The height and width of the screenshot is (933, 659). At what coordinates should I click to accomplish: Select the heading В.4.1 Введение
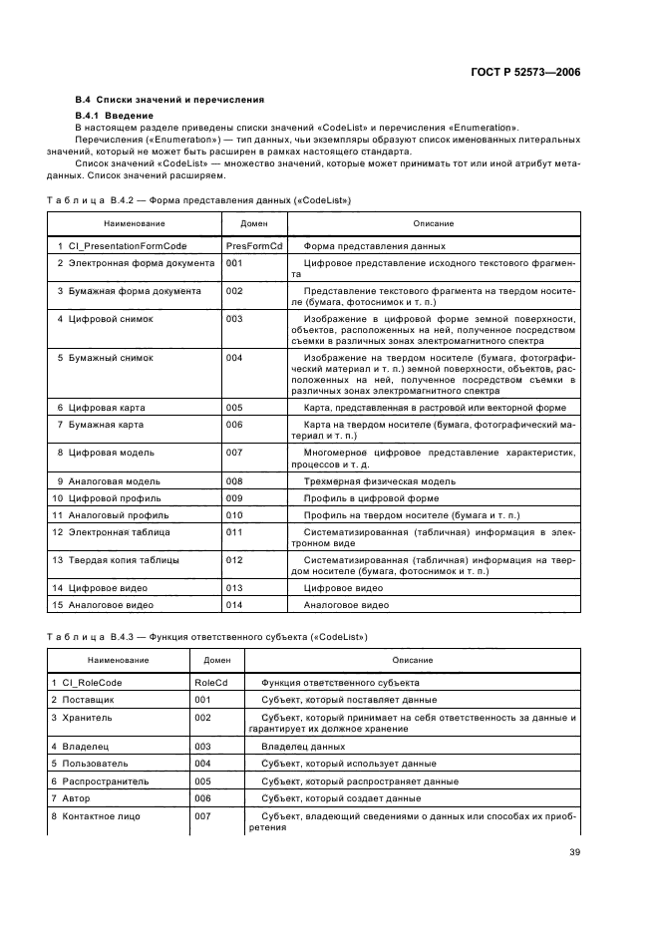tap(111, 116)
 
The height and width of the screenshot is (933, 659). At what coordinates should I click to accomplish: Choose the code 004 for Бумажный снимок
tap(235, 356)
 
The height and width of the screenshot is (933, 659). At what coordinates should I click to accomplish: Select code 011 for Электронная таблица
tap(235, 533)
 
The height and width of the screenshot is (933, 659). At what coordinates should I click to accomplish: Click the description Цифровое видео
tap(344, 588)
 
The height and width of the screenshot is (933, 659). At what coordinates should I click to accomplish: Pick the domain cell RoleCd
tap(210, 683)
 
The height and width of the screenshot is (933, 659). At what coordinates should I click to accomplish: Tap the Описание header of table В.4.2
tap(434, 223)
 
